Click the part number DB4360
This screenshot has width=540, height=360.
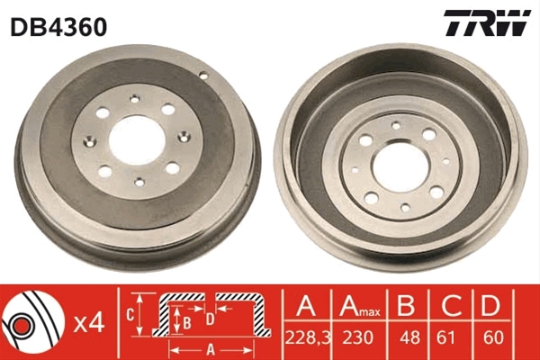[x=58, y=27]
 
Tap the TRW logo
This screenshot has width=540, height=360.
[x=487, y=22]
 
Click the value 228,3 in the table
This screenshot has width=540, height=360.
[x=308, y=337]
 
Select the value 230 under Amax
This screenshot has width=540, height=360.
[x=358, y=337]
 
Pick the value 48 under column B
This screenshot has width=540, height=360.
[x=410, y=337]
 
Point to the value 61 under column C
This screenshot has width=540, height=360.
[x=446, y=337]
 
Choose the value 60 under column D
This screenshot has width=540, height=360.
[x=493, y=337]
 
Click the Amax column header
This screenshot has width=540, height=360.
[x=359, y=306]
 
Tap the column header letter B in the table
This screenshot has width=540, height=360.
[x=406, y=306]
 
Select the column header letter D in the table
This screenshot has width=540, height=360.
[x=490, y=306]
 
